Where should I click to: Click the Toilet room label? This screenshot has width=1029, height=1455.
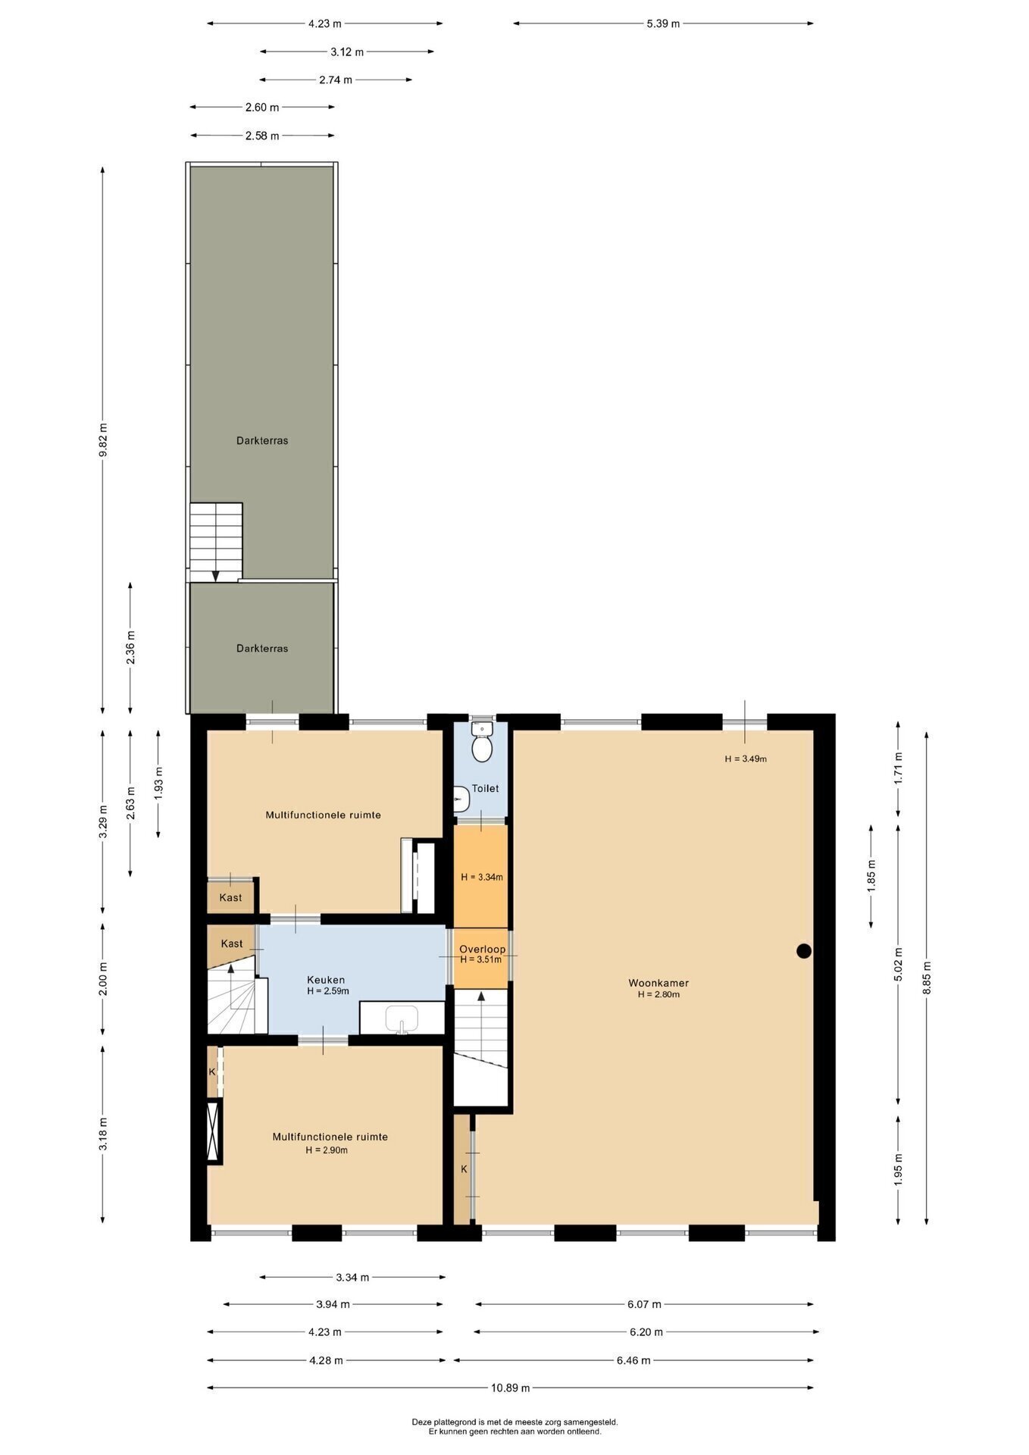click(485, 788)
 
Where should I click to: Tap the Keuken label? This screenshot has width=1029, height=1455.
click(326, 980)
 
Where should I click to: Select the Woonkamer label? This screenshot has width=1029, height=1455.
click(658, 983)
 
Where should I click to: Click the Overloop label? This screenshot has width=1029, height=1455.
click(482, 949)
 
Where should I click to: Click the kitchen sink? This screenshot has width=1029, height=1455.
click(402, 1018)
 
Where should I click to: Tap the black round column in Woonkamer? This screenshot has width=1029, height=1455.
click(804, 951)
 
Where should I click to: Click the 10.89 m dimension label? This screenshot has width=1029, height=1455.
click(510, 1388)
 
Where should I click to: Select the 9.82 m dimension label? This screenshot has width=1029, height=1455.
click(103, 440)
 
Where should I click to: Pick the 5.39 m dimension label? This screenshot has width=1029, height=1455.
click(663, 23)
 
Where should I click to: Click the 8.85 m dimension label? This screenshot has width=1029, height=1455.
click(926, 978)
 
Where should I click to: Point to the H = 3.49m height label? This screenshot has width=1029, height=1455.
click(746, 758)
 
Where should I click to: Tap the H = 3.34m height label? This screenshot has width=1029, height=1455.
click(482, 877)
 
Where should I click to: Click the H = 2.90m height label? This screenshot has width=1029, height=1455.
click(327, 1150)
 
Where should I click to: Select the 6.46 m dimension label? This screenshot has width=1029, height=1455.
click(633, 1360)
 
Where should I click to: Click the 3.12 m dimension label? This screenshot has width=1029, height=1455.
click(347, 52)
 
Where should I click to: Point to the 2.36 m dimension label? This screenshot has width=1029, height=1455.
click(130, 648)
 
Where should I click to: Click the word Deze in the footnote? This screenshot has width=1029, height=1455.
click(421, 1422)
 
